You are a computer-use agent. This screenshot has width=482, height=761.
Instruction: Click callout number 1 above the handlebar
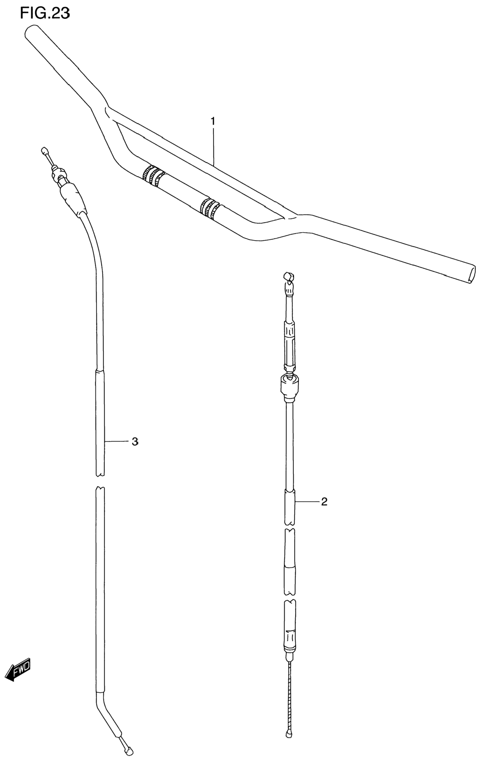click(213, 121)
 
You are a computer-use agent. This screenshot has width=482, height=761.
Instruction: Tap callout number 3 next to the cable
click(135, 442)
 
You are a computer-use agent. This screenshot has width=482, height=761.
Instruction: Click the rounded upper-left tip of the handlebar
click(32, 32)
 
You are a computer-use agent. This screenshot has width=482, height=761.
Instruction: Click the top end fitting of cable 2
click(289, 280)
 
